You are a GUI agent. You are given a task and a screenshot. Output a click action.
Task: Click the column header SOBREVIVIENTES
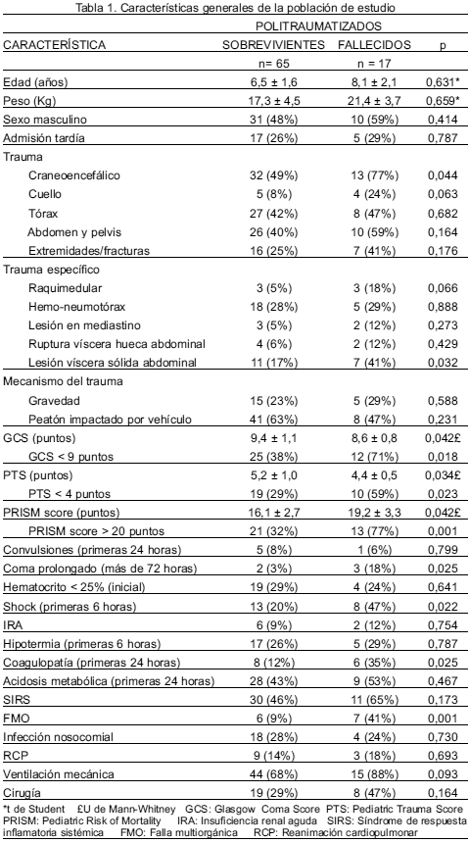pyautogui.click(x=273, y=45)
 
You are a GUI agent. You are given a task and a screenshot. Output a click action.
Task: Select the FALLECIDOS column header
pyautogui.click(x=374, y=45)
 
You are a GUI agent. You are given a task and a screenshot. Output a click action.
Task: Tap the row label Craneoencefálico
pyautogui.click(x=74, y=175)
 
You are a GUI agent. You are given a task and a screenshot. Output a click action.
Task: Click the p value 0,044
pyautogui.click(x=443, y=175)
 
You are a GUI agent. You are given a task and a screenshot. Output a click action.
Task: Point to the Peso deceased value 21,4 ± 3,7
pyautogui.click(x=374, y=101)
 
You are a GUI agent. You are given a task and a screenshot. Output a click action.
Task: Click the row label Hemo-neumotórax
pyautogui.click(x=70, y=307)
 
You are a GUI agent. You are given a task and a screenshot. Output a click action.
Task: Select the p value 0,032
pyautogui.click(x=443, y=363)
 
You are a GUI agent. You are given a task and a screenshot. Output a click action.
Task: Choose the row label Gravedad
pyautogui.click(x=54, y=401)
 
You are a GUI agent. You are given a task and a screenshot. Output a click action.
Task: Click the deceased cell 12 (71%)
pyautogui.click(x=374, y=457)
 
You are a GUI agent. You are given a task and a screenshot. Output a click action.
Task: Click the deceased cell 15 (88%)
pyautogui.click(x=374, y=774)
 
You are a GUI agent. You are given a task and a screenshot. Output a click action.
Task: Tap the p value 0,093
pyautogui.click(x=443, y=774)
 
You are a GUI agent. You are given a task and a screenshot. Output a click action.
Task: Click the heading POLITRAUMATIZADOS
pyautogui.click(x=318, y=26)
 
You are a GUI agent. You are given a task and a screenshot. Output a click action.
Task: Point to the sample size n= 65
pyautogui.click(x=274, y=64)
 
